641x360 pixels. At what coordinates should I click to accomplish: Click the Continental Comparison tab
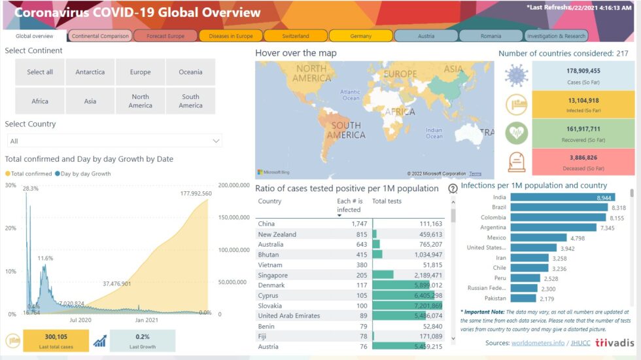(x=100, y=36)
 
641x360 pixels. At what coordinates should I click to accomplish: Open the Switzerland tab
(x=296, y=36)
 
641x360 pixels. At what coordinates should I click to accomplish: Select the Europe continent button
(x=140, y=72)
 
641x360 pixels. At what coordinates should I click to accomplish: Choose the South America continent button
(x=190, y=101)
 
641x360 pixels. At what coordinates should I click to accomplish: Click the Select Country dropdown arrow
(x=216, y=141)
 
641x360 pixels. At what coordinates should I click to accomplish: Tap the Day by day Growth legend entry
(x=86, y=174)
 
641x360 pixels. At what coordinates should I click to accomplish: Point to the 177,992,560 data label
(x=187, y=194)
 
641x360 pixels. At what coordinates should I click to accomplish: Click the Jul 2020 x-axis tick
(x=80, y=320)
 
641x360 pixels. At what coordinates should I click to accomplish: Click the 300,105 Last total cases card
(x=56, y=340)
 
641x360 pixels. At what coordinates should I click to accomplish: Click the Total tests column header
(x=387, y=201)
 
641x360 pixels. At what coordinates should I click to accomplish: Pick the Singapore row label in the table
(x=273, y=276)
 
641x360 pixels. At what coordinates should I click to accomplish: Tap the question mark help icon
(x=453, y=189)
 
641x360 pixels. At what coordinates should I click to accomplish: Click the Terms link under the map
(x=475, y=173)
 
